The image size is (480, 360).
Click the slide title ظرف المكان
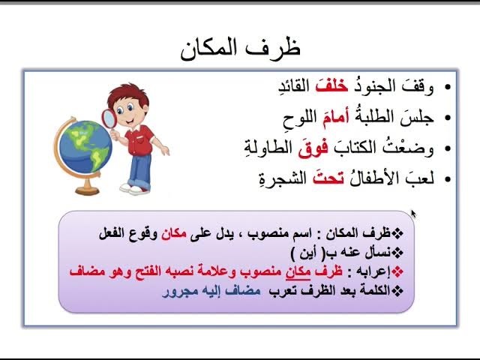(x=240, y=49)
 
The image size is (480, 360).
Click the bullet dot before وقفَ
(x=448, y=87)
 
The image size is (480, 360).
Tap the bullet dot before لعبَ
(x=448, y=179)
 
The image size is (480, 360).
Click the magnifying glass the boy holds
(x=109, y=119)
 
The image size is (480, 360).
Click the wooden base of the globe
(x=88, y=189)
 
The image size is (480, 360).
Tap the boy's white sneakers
(x=135, y=189)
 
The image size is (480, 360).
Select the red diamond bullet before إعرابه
(x=397, y=271)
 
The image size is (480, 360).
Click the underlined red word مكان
(x=298, y=271)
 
